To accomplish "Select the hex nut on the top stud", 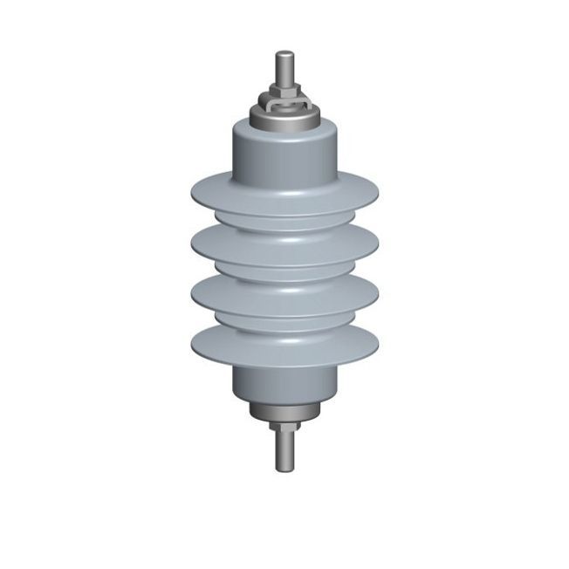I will click(284, 90).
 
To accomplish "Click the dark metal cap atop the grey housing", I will click(284, 117).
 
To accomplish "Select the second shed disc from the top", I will click(284, 244).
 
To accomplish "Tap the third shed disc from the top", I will click(284, 294).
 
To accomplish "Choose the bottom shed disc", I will click(284, 345).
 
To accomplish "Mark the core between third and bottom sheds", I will click(284, 319).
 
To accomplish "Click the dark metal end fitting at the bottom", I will click(284, 410).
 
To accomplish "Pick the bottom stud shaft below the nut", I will click(284, 449).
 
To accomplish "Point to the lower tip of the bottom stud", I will click(284, 470).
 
